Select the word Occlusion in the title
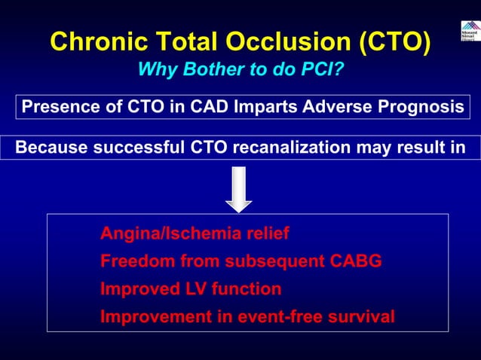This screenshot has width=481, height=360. pos(286,42)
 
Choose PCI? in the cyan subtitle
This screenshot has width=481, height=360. pos(320,70)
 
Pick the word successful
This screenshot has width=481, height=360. pos(124,147)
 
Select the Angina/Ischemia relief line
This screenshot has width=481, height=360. pos(194,234)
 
